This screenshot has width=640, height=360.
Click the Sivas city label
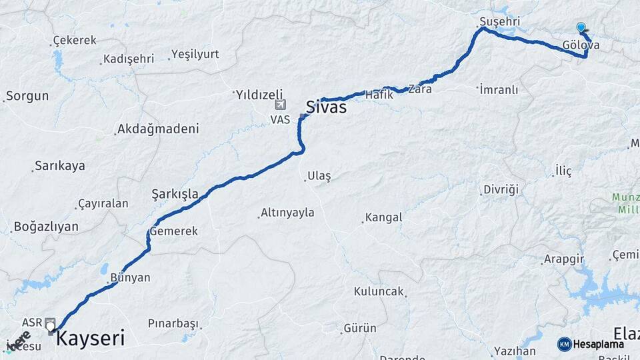point(326,106)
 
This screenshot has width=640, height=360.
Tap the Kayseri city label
point(90,338)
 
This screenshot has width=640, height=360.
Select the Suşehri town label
point(499,22)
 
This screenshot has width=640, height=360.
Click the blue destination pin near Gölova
point(581,27)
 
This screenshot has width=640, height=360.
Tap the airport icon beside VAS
point(280,105)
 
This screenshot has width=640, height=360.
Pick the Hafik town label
point(379,95)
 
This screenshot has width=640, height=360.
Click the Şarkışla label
point(175,194)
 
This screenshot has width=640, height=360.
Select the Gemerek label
point(174,231)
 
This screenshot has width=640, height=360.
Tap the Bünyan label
point(130,277)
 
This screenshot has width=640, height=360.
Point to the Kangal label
point(383,217)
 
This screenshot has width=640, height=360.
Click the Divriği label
point(501,189)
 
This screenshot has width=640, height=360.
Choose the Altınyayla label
point(287,213)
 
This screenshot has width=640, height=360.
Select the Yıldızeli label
point(259,95)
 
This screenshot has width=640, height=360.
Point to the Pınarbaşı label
point(173,324)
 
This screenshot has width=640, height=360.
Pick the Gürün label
point(359,328)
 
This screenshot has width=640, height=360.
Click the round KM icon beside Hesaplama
point(565,344)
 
